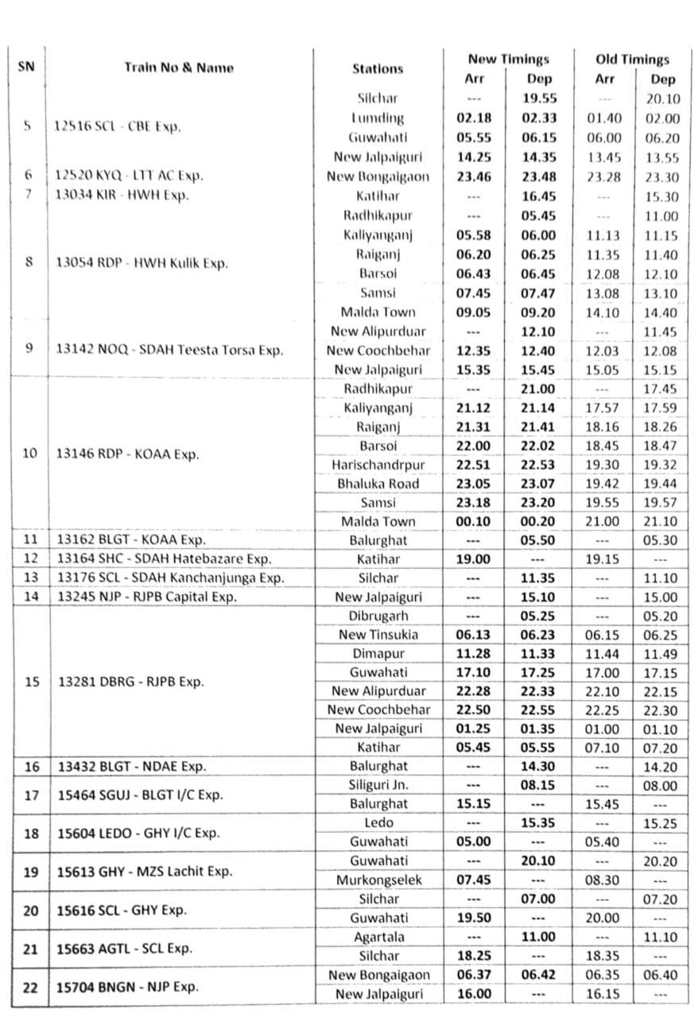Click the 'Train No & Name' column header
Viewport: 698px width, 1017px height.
pyautogui.click(x=179, y=68)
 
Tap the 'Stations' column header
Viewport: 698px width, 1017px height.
pyautogui.click(x=378, y=68)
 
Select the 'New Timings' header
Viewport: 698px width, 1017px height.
pyautogui.click(x=508, y=59)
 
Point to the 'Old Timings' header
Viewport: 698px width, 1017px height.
pyautogui.click(x=632, y=59)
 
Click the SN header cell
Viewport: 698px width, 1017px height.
pyautogui.click(x=26, y=67)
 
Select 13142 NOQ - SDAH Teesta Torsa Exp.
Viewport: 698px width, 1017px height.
pyautogui.click(x=169, y=350)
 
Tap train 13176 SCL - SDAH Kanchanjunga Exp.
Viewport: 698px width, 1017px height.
pyautogui.click(x=171, y=578)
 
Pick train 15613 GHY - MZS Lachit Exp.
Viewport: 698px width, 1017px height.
pyautogui.click(x=144, y=872)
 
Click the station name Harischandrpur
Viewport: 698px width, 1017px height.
pyautogui.click(x=378, y=465)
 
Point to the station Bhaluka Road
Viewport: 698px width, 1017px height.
pyautogui.click(x=378, y=484)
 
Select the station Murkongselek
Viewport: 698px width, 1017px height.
pyautogui.click(x=378, y=880)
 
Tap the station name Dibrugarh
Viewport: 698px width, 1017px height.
pyautogui.click(x=378, y=615)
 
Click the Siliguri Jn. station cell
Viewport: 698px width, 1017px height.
pyautogui.click(x=378, y=785)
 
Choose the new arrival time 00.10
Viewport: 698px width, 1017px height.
pyautogui.click(x=474, y=522)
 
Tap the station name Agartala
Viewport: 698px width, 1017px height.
pyautogui.click(x=378, y=938)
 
